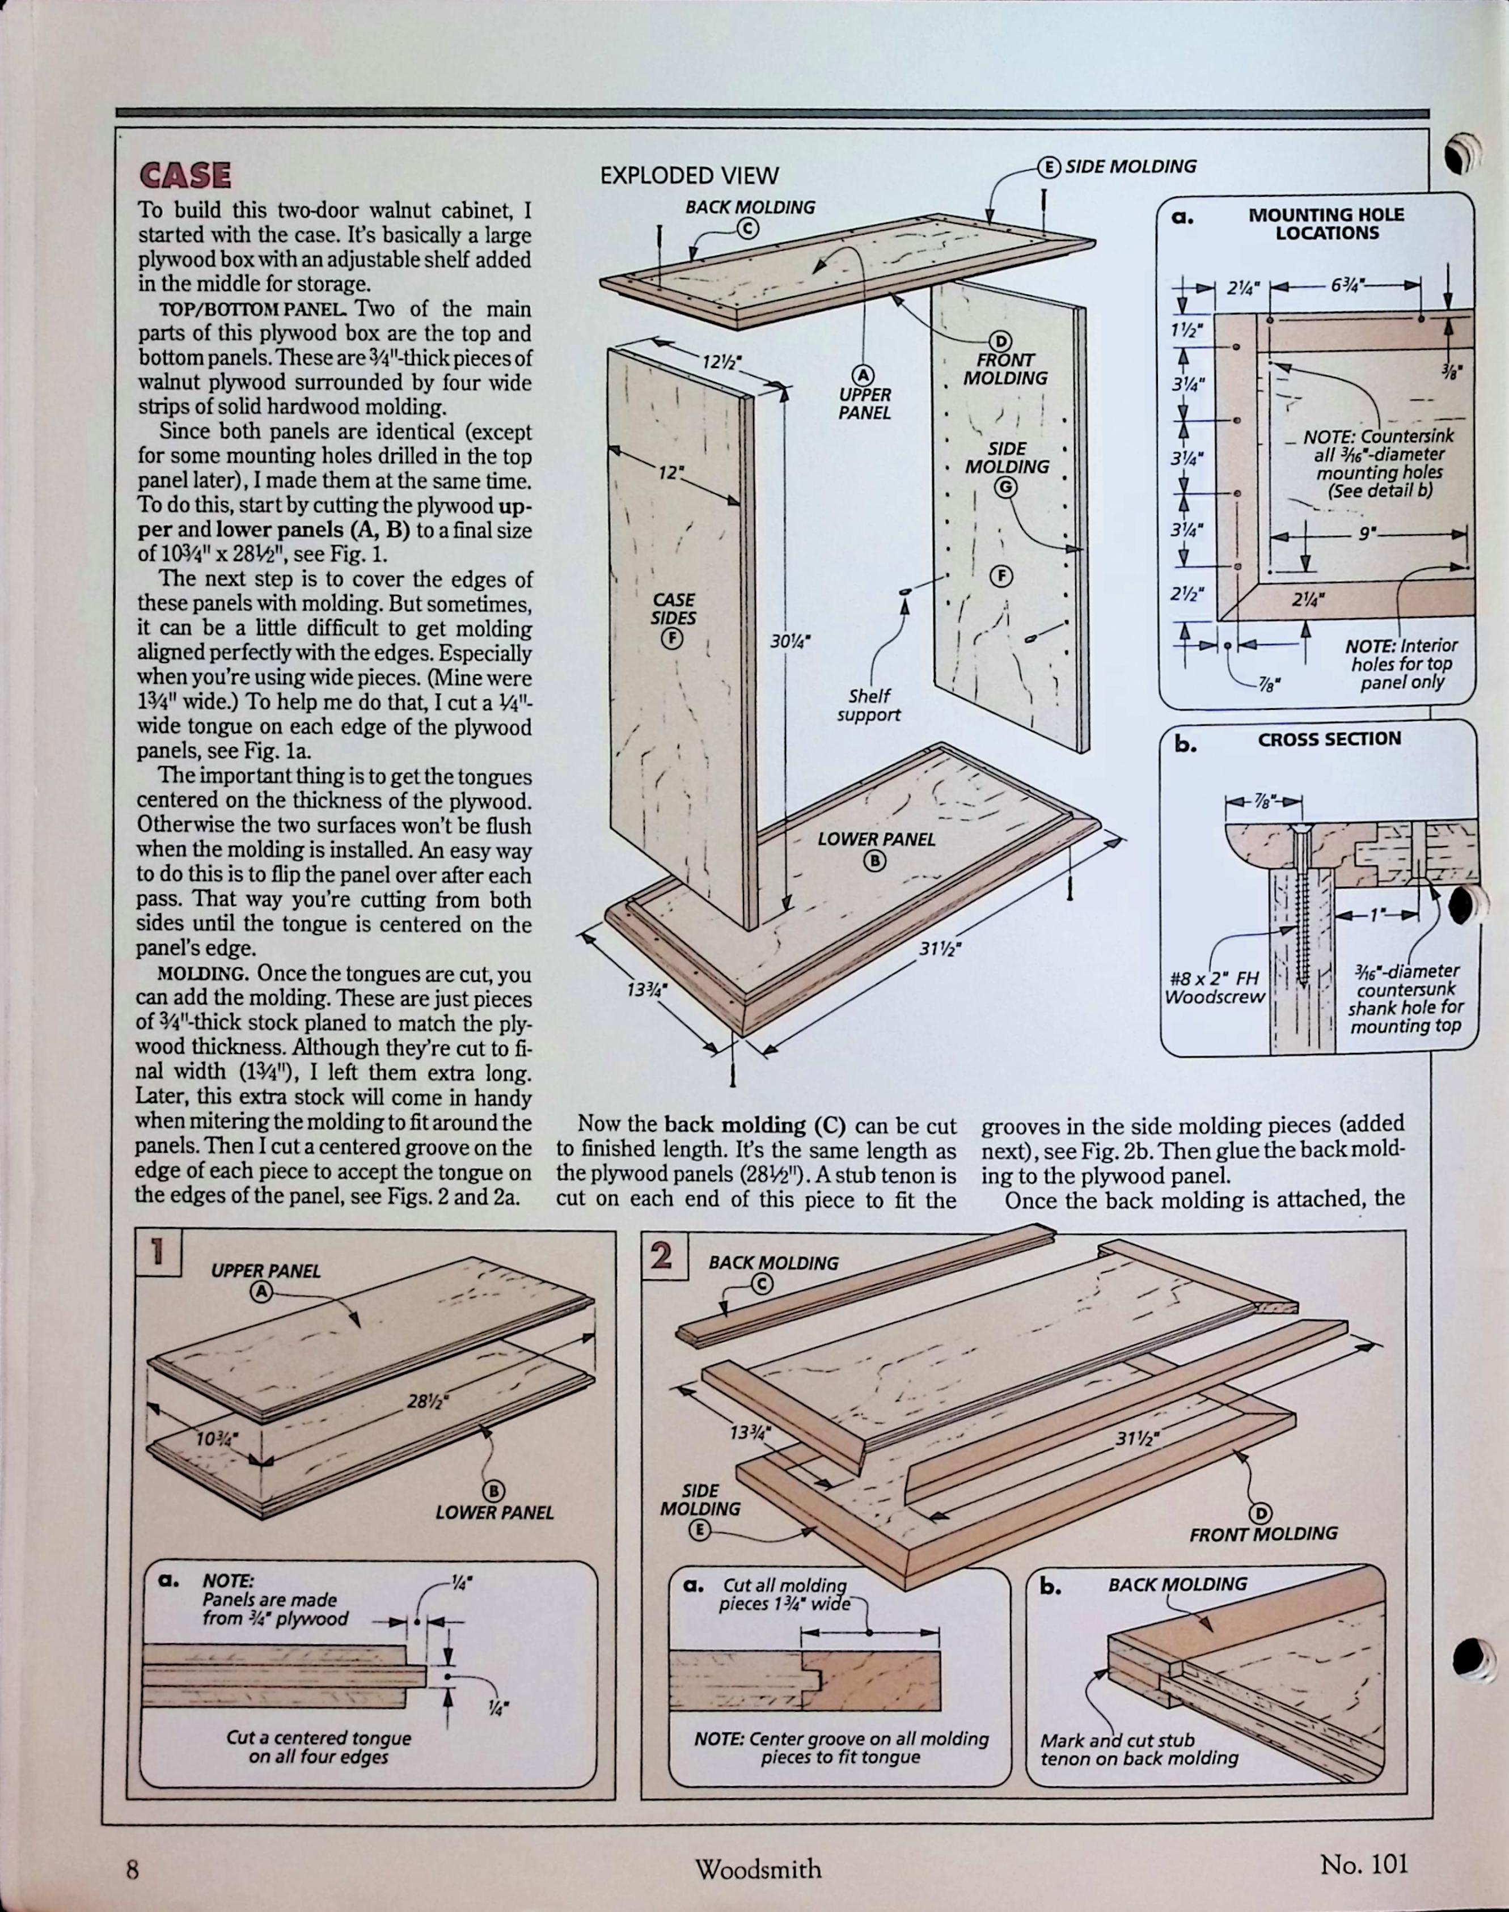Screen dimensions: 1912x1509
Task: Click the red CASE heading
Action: [x=185, y=175]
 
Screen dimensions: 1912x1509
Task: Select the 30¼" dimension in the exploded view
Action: [x=790, y=641]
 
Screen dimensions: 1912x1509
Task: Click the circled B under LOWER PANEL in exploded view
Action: [x=874, y=860]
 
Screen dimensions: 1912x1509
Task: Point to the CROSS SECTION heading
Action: [x=1329, y=739]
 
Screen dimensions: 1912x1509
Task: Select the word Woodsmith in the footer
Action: [x=757, y=1869]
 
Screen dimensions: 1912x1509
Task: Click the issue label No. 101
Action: [x=1362, y=1864]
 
